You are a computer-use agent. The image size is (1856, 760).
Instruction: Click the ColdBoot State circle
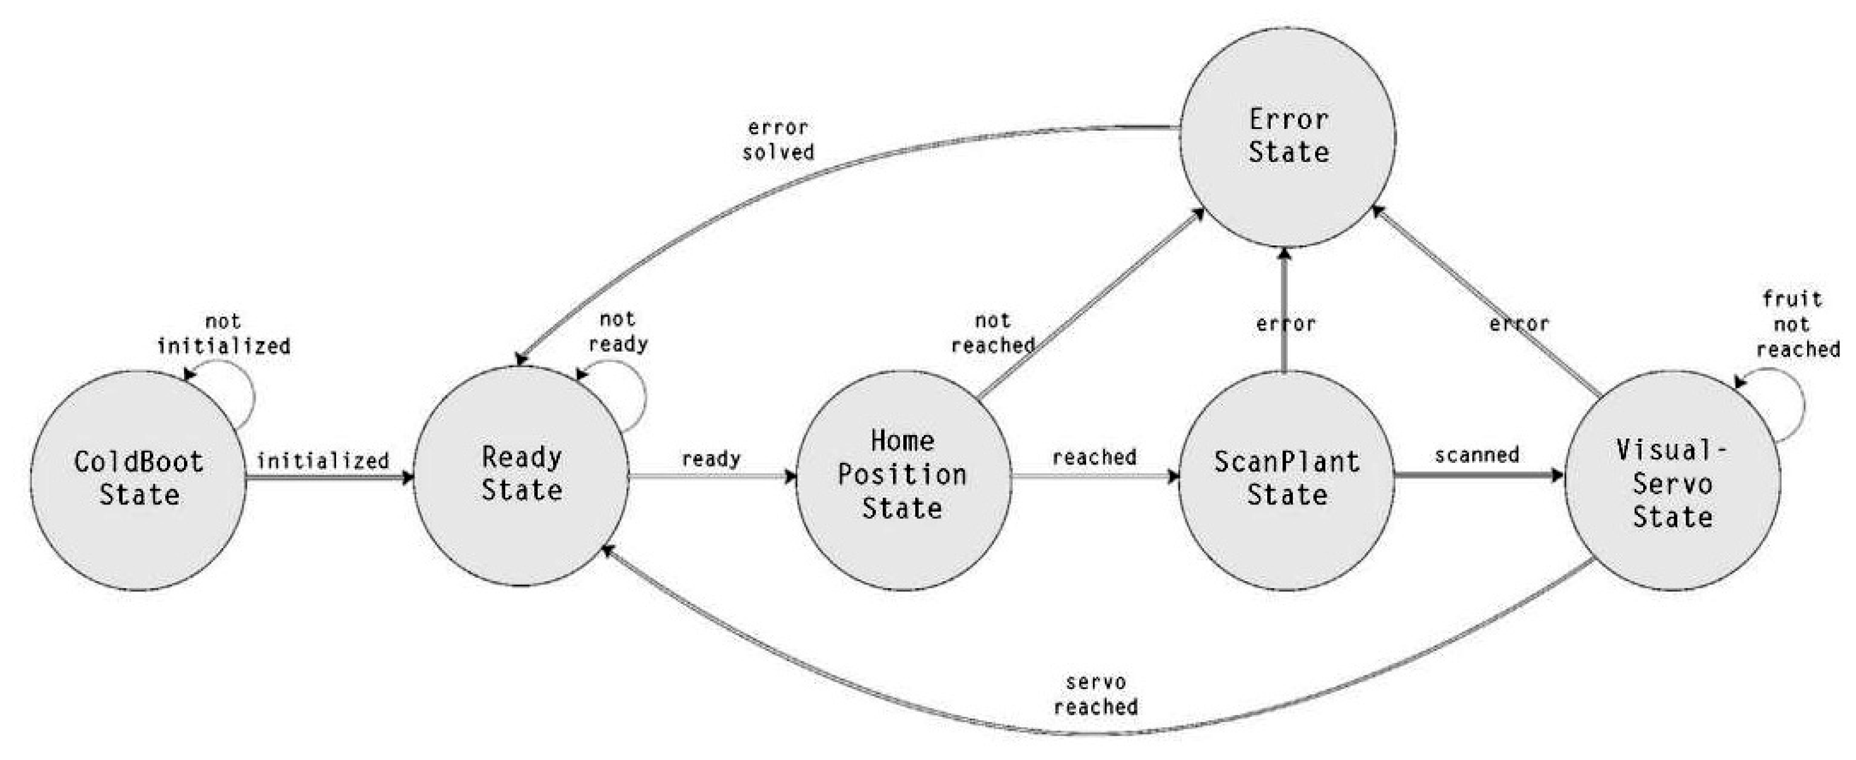[x=139, y=479]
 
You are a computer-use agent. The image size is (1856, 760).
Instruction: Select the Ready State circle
[x=521, y=475]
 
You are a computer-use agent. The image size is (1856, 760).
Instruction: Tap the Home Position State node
[x=903, y=479]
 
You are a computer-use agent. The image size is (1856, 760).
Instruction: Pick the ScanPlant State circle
[x=1286, y=479]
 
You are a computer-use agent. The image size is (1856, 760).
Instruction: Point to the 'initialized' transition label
[x=323, y=460]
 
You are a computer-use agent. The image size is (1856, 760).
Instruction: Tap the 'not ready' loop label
[x=618, y=332]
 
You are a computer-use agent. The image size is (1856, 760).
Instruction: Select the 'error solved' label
[x=778, y=140]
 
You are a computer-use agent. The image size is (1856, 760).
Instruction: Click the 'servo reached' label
[x=1096, y=694]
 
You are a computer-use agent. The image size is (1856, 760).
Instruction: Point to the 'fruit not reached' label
[x=1798, y=324]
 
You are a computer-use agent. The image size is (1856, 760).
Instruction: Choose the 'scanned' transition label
[x=1477, y=455]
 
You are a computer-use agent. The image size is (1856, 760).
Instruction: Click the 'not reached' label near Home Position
[x=993, y=332]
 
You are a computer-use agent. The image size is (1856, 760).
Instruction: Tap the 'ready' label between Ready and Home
[x=711, y=458]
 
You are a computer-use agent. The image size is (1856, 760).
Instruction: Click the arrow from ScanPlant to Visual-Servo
[x=1479, y=476]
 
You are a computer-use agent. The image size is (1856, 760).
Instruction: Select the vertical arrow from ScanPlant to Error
[x=1283, y=310]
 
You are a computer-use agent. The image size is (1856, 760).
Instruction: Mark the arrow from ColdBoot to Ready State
[x=330, y=477]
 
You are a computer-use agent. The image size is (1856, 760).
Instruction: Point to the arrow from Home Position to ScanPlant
[x=1095, y=476]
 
